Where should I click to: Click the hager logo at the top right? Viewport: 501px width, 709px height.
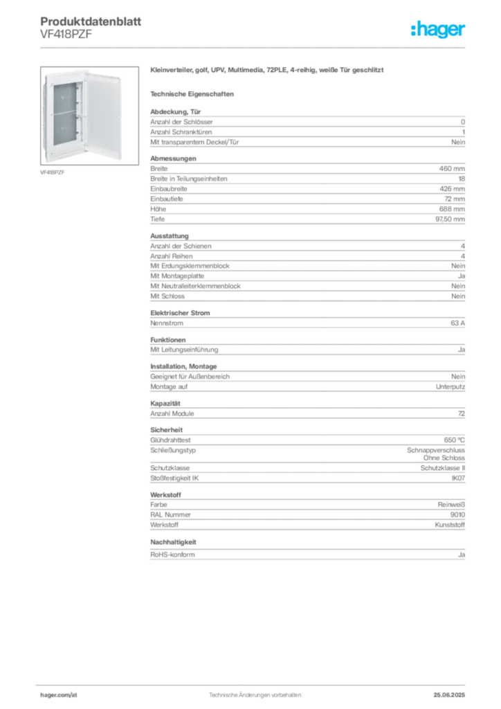point(437,29)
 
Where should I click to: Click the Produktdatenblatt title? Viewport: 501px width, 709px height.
point(91,21)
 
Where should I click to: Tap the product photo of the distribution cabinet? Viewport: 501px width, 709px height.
point(89,116)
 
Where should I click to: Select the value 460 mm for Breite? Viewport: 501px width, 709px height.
point(452,169)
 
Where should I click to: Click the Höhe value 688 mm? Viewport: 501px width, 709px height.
point(452,209)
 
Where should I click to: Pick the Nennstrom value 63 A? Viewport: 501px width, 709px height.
point(457,323)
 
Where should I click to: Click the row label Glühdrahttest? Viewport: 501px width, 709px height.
point(170,440)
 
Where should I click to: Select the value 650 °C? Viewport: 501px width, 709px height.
point(454,440)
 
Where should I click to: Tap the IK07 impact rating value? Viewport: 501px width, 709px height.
point(458,478)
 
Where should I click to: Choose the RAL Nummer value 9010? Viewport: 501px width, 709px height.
point(457,514)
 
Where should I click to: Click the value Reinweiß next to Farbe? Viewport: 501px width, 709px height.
point(451,505)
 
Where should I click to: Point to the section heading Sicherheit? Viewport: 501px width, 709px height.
point(166,430)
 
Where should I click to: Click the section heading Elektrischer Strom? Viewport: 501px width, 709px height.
point(180,313)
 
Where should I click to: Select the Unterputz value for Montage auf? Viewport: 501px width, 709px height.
point(450,386)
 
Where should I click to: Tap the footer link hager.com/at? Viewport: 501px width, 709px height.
point(59,695)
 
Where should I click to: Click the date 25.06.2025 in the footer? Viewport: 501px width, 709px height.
point(449,695)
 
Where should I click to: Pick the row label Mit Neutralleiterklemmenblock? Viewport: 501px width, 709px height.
point(195,286)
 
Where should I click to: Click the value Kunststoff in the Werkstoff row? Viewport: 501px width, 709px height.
point(450,525)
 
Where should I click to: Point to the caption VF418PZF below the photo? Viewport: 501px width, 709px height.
point(53,172)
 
